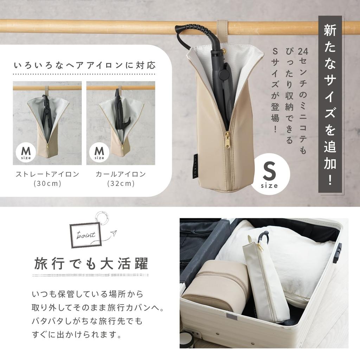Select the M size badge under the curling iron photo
click(99, 152)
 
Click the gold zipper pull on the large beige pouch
click(227, 137)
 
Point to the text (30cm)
click(47, 184)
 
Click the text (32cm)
click(121, 184)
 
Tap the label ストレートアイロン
click(47, 174)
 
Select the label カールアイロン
click(121, 174)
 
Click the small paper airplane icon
click(113, 233)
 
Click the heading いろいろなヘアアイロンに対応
click(84, 65)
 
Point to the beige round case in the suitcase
click(214, 285)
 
